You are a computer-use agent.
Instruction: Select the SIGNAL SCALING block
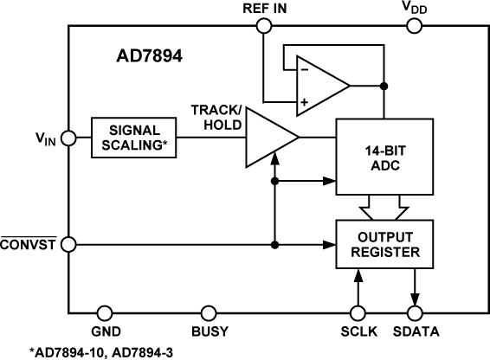pos(134,138)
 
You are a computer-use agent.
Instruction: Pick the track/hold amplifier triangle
pos(268,138)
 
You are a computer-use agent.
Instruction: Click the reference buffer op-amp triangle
pos(318,85)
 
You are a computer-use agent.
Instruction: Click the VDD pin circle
pos(413,26)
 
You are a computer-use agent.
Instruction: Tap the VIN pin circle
pos(68,138)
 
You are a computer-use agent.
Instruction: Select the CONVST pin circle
pos(68,244)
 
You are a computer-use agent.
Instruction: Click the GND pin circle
pos(105,312)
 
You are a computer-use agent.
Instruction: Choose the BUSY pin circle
pos(209,312)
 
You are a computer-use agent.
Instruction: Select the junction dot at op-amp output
pos(383,85)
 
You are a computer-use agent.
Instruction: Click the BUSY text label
pos(209,331)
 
